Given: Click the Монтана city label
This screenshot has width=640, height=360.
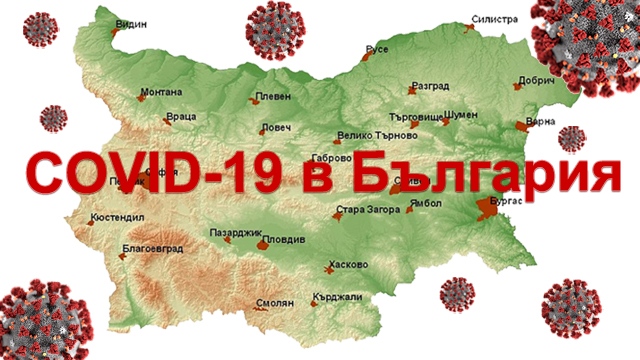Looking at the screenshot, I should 161,92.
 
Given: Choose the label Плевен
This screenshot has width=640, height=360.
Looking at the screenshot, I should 273,97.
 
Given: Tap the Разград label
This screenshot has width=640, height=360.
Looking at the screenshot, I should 430,87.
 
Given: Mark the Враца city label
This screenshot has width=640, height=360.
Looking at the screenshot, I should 182,117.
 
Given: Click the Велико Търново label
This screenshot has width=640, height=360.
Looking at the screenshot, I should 375,134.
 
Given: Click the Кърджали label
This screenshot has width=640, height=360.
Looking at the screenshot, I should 336,297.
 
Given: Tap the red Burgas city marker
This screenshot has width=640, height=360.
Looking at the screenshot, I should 487,206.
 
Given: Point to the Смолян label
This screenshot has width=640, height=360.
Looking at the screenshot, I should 275,302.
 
